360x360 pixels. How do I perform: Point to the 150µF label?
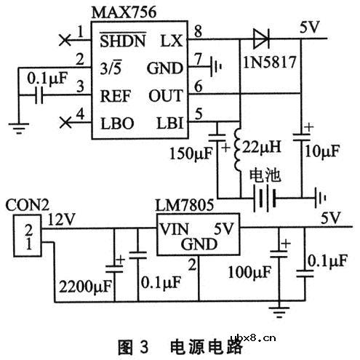[x=198, y=155]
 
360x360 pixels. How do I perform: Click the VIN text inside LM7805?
[x=175, y=228]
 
